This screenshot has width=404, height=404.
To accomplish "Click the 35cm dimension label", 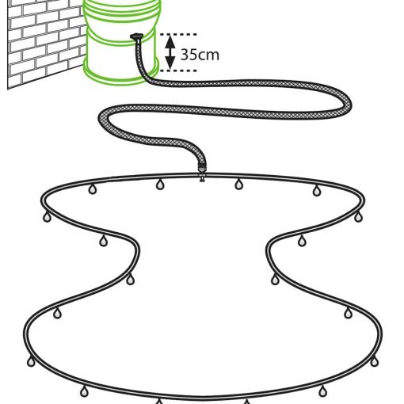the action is click(200, 55).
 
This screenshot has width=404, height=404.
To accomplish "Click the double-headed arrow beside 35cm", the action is click(170, 52).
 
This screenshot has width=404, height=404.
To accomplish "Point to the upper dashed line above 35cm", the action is click(178, 34).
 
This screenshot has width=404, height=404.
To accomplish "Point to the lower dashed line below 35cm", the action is click(178, 71).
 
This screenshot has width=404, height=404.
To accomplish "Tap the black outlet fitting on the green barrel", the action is click(136, 37).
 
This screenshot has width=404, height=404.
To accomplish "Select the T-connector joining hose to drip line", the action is click(202, 173).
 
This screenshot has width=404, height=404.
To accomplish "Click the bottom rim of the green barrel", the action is click(121, 74).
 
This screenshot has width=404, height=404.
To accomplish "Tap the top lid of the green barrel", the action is click(122, 6).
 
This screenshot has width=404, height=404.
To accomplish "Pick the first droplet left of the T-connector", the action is click(160, 185).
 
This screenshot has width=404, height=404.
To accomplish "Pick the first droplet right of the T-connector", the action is click(238, 184).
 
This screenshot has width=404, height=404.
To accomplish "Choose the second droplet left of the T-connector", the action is click(92, 189).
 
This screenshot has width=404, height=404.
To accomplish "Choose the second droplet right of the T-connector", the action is click(317, 191).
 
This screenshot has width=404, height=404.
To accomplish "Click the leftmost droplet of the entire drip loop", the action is click(31, 361).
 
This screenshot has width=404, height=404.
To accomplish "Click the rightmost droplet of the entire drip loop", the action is click(374, 361).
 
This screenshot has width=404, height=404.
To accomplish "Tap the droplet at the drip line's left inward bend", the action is click(130, 280).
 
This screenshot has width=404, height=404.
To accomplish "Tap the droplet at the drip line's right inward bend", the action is click(275, 280).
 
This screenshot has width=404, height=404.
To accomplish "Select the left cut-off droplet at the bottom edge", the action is click(159, 402).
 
